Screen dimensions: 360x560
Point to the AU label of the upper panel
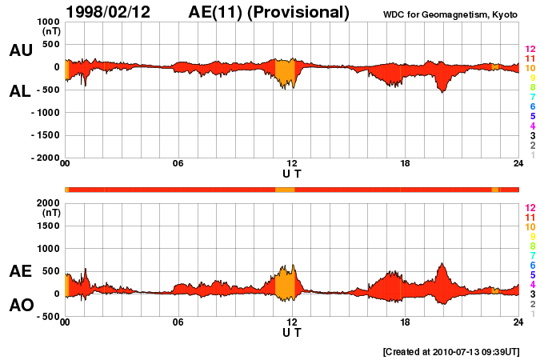[x=20, y=50]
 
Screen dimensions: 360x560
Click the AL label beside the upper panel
[x=20, y=91]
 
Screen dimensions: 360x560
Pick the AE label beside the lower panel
[x=20, y=271]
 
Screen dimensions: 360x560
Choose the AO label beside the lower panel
[x=20, y=305]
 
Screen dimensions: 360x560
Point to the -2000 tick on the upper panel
[x=44, y=158]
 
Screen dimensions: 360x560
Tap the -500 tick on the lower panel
[x=46, y=317]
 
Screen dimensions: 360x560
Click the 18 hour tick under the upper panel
[x=406, y=165]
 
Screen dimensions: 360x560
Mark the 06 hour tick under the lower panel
[x=178, y=322]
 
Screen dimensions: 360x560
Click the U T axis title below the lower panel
[x=292, y=332]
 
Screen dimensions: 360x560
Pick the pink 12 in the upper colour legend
[x=530, y=50]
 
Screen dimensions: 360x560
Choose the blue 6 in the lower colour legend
[x=532, y=265]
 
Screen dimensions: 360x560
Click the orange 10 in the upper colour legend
[x=530, y=69]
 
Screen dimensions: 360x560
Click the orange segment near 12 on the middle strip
[x=285, y=190]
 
